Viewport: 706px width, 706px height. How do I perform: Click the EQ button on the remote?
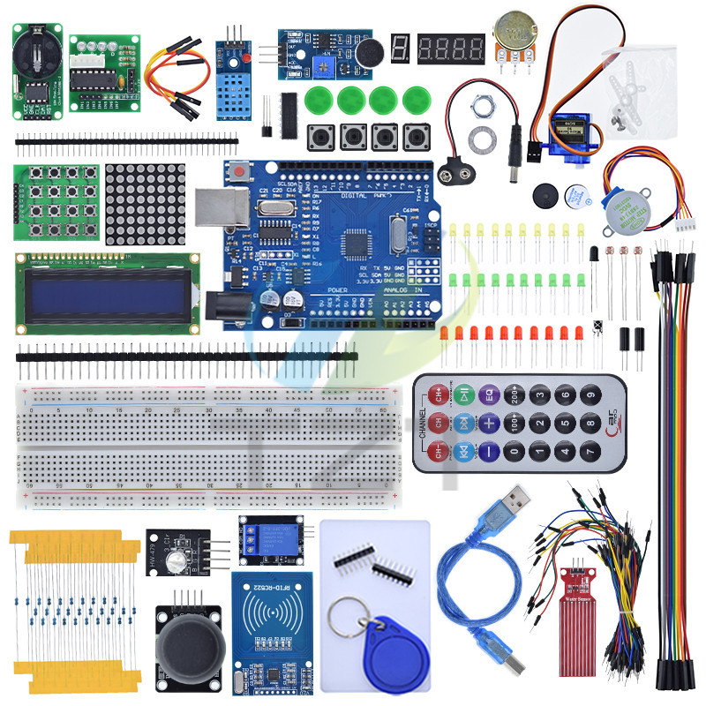coord(491,394)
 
